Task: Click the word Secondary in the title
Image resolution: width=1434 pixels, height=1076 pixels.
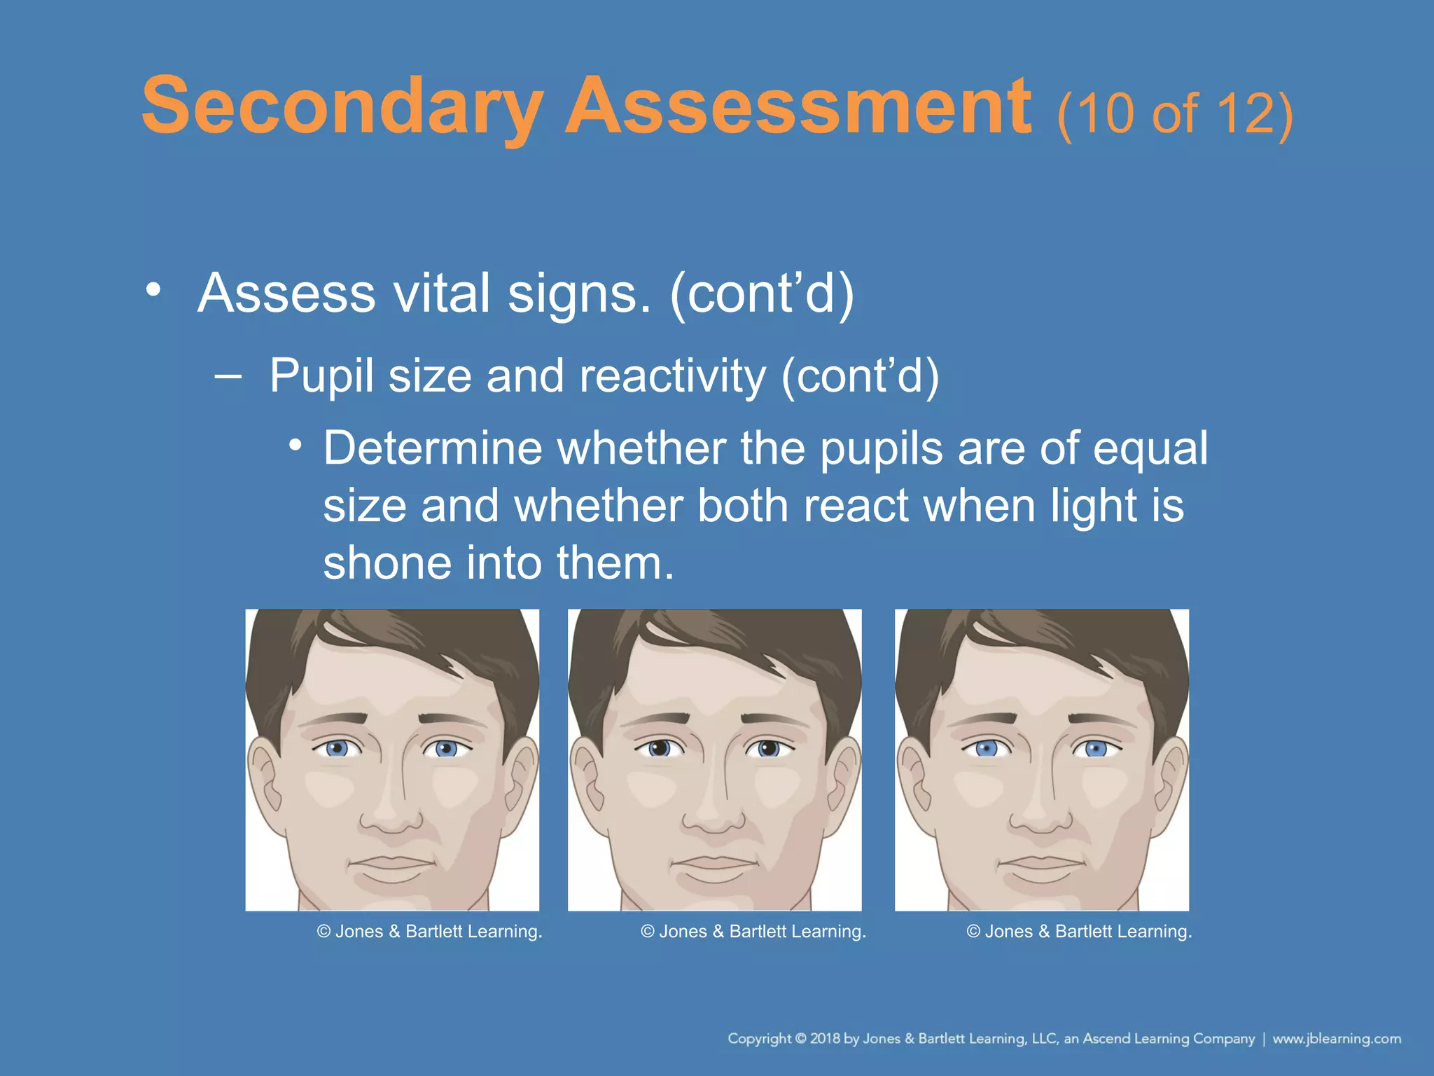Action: (x=342, y=107)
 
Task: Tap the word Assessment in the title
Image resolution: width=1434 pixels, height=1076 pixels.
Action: (x=798, y=107)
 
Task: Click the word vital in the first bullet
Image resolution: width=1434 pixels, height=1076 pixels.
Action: (x=442, y=293)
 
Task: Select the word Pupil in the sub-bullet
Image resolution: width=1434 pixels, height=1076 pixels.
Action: (x=321, y=376)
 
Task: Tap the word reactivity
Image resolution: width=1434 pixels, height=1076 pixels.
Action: (x=672, y=376)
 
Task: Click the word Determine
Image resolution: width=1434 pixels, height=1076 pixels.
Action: (x=432, y=448)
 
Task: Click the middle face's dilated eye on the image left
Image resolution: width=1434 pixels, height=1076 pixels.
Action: (x=658, y=748)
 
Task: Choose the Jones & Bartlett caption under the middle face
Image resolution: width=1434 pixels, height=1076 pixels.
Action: (x=753, y=932)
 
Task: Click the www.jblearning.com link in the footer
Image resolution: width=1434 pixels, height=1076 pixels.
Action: (x=1336, y=1039)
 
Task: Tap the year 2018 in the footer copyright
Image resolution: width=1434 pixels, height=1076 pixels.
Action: (x=825, y=1039)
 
